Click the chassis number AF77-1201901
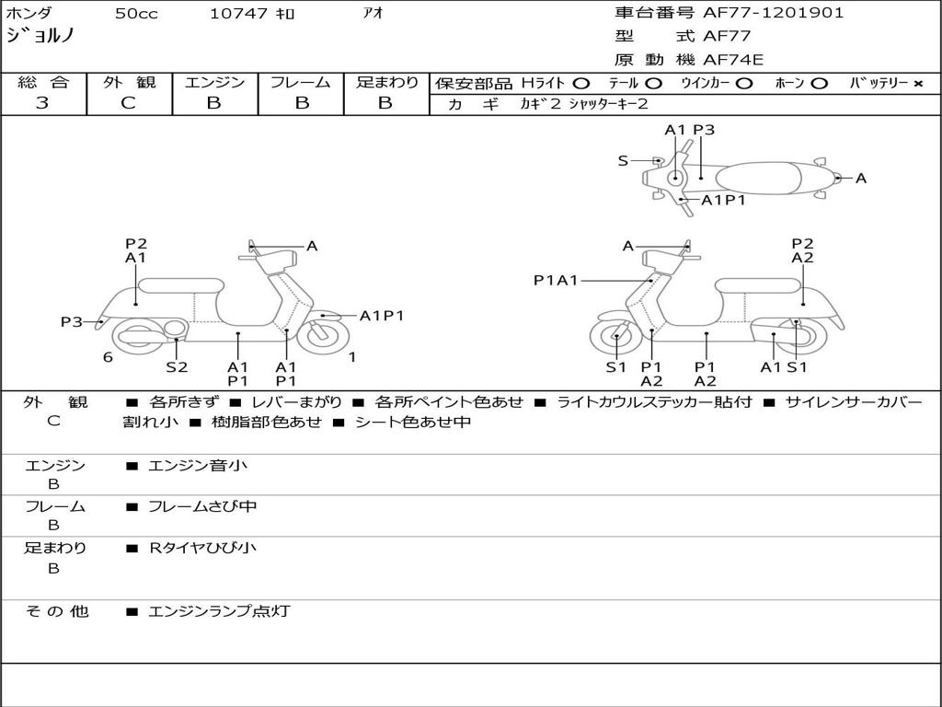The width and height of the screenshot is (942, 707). pos(773,13)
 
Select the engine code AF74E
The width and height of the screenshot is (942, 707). pos(733,60)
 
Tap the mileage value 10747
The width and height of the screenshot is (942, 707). pos(238,13)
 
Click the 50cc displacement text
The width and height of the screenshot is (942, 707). pos(136,13)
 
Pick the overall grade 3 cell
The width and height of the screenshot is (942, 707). pos(42,103)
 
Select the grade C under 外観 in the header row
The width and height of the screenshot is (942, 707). pos(129,103)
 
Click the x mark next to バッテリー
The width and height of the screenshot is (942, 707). pos(918,84)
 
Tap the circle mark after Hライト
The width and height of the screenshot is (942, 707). pos(581,84)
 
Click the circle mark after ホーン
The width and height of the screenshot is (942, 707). pos(819,84)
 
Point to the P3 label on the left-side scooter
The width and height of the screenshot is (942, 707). pos(72,321)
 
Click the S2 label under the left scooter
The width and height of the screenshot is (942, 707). pos(177,366)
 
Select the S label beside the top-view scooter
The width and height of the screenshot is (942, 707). pos(623,160)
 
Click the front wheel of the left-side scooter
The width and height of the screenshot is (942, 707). pos(324,335)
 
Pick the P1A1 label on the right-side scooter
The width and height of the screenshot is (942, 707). pos(556,280)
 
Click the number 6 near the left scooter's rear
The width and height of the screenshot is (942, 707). pos(108,357)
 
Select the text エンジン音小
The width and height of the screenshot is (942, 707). pos(198,465)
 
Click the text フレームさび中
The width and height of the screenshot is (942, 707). pos(202,506)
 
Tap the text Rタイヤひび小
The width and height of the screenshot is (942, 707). pos(202,548)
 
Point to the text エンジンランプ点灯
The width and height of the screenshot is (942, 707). pos(219,611)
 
